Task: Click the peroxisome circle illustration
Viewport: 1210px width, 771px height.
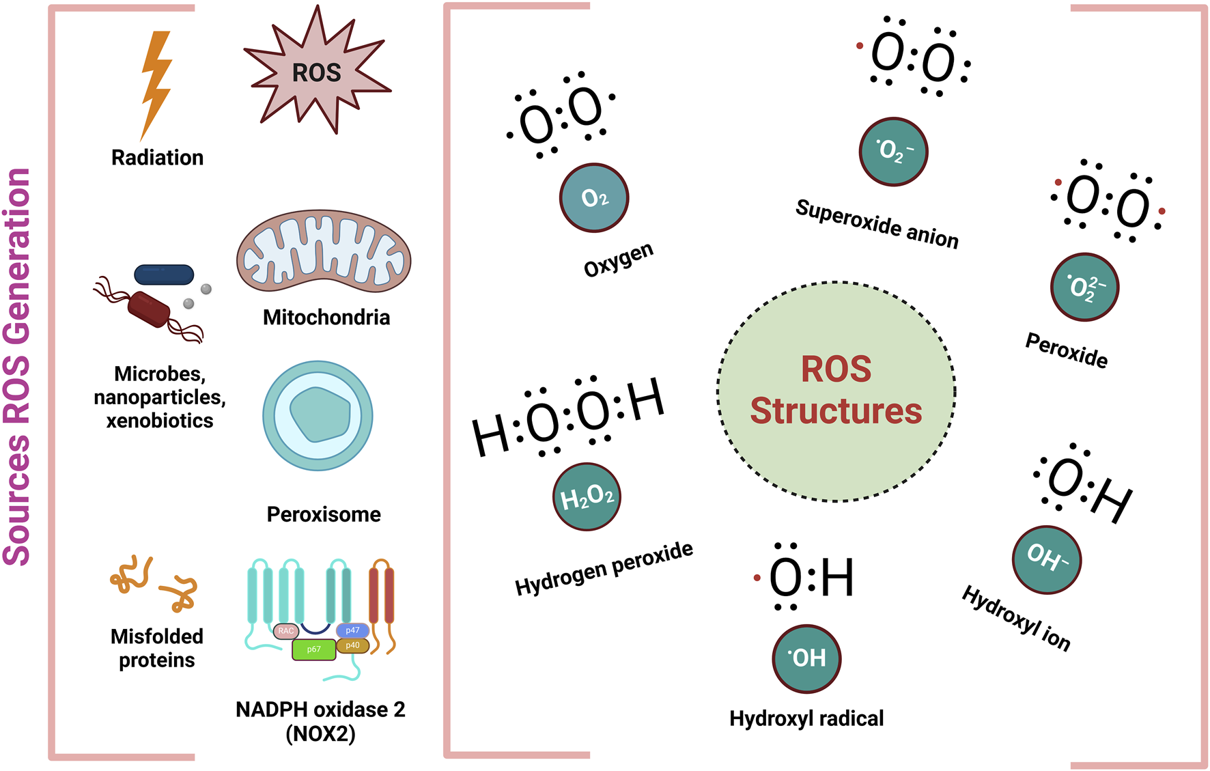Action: [318, 415]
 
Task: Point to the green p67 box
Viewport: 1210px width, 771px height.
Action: [313, 649]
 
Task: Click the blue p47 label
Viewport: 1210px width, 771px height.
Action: [352, 630]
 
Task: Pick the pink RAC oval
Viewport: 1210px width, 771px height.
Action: [285, 631]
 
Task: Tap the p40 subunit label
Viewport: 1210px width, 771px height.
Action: [352, 645]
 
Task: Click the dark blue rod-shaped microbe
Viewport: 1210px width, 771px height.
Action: [164, 275]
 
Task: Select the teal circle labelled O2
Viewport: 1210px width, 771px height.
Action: [594, 198]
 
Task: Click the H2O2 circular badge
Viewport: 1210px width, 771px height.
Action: [587, 496]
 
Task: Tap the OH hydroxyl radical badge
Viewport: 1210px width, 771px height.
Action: [806, 658]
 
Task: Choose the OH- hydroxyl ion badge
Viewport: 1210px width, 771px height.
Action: [1046, 559]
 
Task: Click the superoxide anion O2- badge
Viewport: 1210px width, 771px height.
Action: [893, 152]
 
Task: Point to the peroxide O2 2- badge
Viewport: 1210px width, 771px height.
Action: [1084, 287]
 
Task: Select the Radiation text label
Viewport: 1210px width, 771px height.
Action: [157, 158]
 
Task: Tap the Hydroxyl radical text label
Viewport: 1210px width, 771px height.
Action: [806, 718]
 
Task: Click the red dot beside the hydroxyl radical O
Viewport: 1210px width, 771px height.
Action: [757, 578]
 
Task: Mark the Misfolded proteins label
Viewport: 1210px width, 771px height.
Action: [157, 648]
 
